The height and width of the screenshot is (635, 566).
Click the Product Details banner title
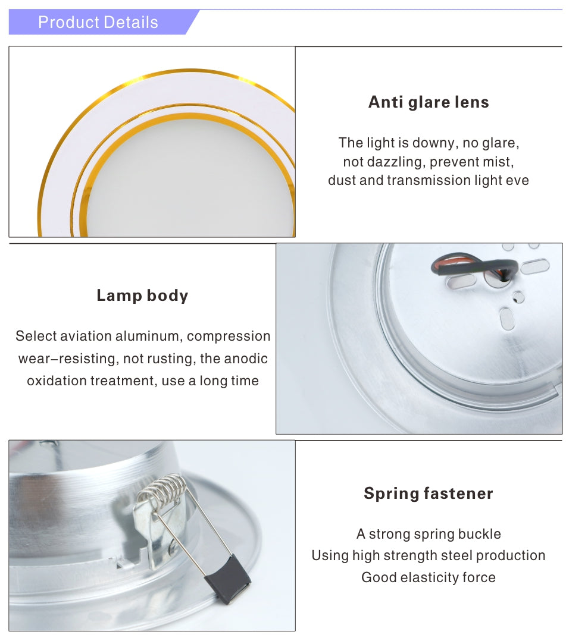click(x=98, y=23)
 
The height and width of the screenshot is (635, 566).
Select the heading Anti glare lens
click(x=429, y=102)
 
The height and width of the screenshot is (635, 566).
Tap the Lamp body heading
click(x=142, y=296)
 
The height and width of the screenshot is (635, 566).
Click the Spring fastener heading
click(x=429, y=493)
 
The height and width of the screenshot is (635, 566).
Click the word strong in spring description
click(x=389, y=534)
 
